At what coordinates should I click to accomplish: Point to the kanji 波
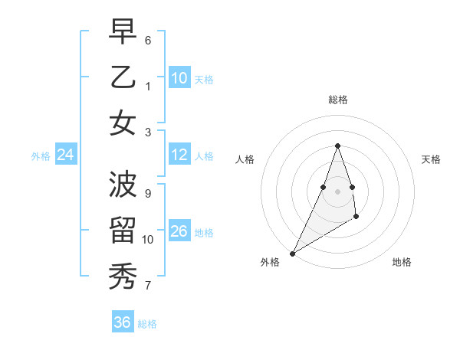[123, 185]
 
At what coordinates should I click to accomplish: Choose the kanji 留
[123, 230]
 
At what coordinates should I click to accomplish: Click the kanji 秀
[123, 276]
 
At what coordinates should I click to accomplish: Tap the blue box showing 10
[179, 78]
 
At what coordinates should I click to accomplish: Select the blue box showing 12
[179, 155]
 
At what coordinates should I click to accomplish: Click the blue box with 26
[179, 231]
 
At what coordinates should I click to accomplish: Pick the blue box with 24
[66, 155]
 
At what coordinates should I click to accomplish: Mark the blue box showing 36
[123, 322]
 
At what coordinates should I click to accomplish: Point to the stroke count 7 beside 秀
[148, 286]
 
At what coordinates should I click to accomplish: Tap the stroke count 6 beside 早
[148, 40]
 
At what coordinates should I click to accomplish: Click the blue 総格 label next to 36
[148, 324]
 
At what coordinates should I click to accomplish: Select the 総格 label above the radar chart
[337, 100]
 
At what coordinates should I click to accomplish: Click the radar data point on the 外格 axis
[292, 253]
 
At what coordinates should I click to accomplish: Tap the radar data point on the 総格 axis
[337, 146]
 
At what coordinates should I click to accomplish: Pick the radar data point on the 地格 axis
[356, 218]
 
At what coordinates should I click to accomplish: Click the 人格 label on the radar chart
[245, 159]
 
